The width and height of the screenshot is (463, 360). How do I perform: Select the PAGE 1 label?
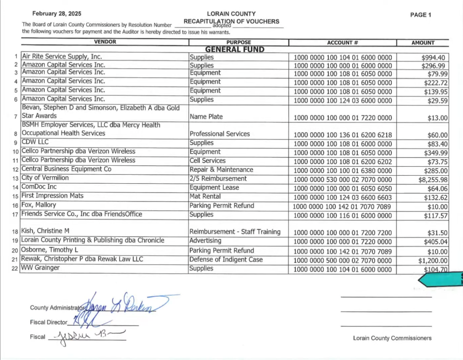(x=420, y=15)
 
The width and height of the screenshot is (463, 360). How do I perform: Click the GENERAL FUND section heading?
(x=235, y=50)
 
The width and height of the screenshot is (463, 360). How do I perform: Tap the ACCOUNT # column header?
(x=342, y=43)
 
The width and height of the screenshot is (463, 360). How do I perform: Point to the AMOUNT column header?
(x=423, y=43)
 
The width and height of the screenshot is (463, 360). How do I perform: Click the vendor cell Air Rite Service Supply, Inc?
(x=62, y=57)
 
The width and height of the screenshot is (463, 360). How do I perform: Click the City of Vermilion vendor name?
(x=45, y=178)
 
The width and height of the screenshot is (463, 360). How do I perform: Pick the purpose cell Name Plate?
(x=207, y=117)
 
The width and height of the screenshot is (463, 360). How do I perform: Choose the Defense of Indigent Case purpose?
(x=226, y=260)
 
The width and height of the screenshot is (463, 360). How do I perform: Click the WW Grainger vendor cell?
(x=41, y=268)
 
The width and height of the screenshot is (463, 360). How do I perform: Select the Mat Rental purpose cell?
(x=205, y=196)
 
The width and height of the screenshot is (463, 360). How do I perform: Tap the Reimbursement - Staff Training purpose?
(x=235, y=232)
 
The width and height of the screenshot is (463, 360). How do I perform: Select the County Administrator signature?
(x=122, y=304)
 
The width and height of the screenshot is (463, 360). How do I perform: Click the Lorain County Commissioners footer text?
(x=392, y=338)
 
